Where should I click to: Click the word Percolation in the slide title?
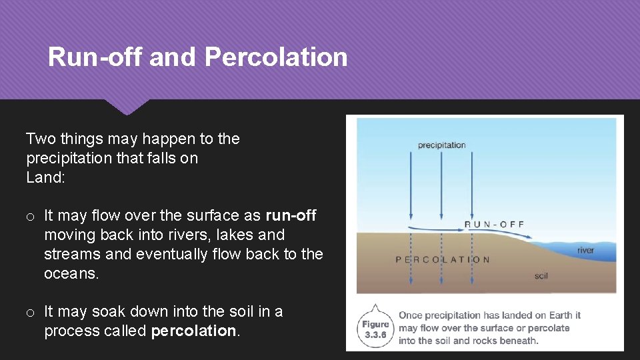pyautogui.click(x=276, y=57)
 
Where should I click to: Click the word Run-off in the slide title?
pyautogui.click(x=95, y=57)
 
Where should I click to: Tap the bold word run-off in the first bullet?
pyautogui.click(x=291, y=215)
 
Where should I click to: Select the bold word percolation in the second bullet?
pyautogui.click(x=194, y=331)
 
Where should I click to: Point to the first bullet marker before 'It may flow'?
pyautogui.click(x=31, y=216)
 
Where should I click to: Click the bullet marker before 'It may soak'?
pyautogui.click(x=31, y=312)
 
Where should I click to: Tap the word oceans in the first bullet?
pyautogui.click(x=71, y=273)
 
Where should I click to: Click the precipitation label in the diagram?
pyautogui.click(x=441, y=145)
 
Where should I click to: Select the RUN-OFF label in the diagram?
pyautogui.click(x=494, y=224)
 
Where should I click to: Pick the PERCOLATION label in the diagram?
pyautogui.click(x=443, y=259)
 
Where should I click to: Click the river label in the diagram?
pyautogui.click(x=585, y=251)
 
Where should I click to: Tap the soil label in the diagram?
pyautogui.click(x=541, y=275)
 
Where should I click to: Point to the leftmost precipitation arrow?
pyautogui.click(x=411, y=187)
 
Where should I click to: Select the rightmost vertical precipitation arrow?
pyautogui.click(x=472, y=187)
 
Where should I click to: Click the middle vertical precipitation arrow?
pyautogui.click(x=441, y=187)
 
